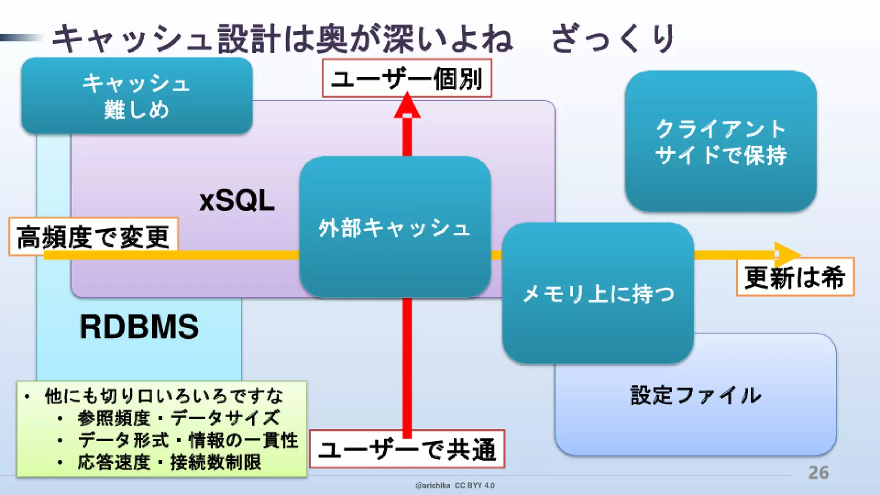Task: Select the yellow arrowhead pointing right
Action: [786, 254]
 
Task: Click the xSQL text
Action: [237, 201]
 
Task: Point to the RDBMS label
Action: [139, 327]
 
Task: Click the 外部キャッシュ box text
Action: [394, 228]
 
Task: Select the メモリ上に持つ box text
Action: [598, 294]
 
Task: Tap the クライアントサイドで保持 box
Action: [721, 141]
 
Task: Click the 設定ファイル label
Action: [695, 395]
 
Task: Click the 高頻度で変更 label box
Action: [93, 237]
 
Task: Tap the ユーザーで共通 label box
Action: [406, 449]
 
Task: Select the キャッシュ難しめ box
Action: [137, 96]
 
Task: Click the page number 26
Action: [818, 473]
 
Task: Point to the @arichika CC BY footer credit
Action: [455, 486]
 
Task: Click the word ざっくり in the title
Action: [612, 39]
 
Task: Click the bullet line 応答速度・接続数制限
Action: [169, 463]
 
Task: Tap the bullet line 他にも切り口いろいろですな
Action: [164, 396]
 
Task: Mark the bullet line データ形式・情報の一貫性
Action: [187, 440]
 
